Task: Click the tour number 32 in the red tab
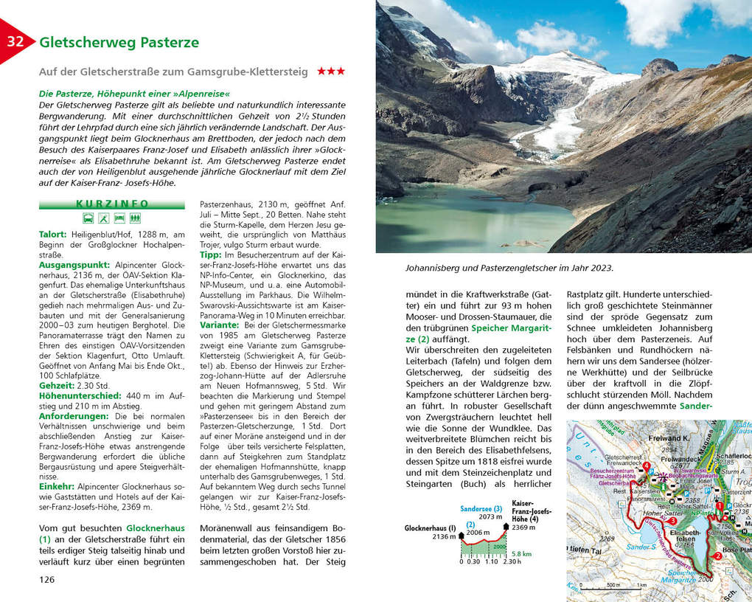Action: click(15, 41)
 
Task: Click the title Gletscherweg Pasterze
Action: click(119, 42)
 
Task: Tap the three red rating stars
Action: click(330, 72)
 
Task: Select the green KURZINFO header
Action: click(112, 204)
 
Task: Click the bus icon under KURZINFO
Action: click(88, 218)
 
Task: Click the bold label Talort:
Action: click(54, 234)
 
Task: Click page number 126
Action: click(47, 579)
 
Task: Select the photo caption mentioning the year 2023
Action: click(509, 268)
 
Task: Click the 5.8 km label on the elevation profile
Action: click(521, 553)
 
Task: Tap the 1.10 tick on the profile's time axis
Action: click(491, 562)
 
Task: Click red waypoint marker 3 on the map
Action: click(672, 521)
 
